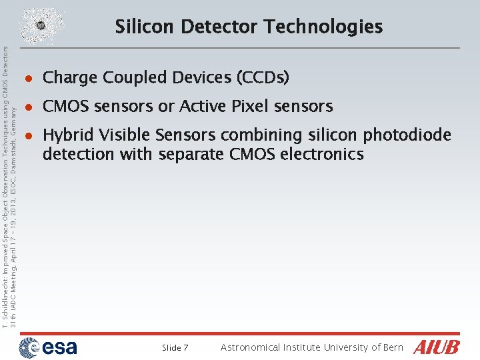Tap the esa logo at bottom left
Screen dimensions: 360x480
pyautogui.click(x=47, y=347)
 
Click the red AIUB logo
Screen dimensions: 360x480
pyautogui.click(x=437, y=347)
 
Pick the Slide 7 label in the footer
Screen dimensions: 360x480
pyautogui.click(x=175, y=348)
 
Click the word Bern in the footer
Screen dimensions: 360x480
pyautogui.click(x=393, y=347)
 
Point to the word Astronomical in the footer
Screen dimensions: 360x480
pyautogui.click(x=251, y=347)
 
